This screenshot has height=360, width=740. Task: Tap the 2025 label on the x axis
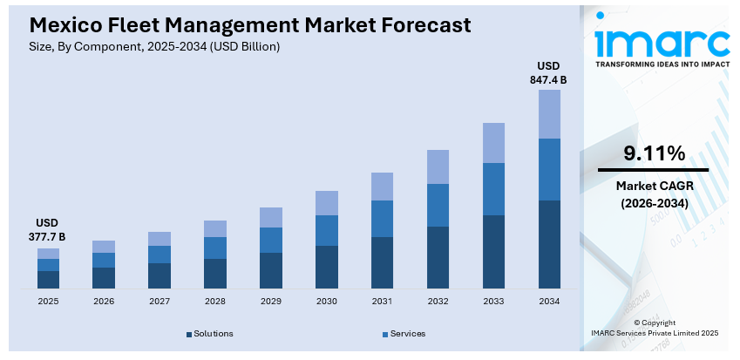tap(48, 301)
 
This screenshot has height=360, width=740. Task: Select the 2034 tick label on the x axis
tap(549, 301)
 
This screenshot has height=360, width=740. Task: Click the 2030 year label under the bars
tap(327, 301)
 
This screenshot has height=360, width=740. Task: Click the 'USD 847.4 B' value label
tap(548, 73)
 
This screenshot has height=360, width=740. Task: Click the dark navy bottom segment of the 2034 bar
tap(549, 244)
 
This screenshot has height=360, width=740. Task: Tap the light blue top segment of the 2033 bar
tap(493, 143)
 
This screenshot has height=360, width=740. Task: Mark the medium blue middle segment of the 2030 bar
tap(327, 230)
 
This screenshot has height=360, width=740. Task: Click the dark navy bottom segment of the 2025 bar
tap(49, 279)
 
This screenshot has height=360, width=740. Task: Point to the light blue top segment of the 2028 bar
tap(215, 228)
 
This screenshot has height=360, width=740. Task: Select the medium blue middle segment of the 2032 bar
tap(438, 205)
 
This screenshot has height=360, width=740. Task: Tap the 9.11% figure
tap(654, 154)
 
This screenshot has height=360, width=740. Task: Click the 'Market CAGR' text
tap(654, 186)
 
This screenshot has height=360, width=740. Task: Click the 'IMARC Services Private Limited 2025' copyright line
tap(654, 333)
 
